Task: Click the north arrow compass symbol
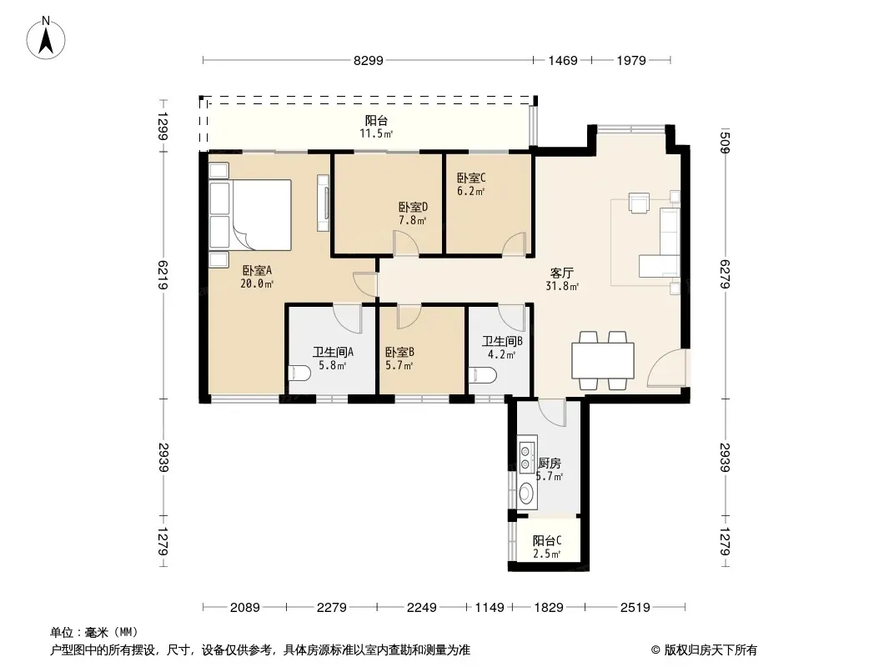tap(46, 38)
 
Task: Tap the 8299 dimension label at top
tap(369, 61)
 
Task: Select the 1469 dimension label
tap(563, 61)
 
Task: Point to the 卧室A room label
tap(257, 270)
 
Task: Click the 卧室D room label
tap(413, 208)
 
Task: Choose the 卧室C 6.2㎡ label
tap(471, 184)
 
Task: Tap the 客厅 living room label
tap(562, 273)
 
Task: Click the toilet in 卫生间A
tap(299, 374)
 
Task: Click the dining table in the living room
tap(603, 360)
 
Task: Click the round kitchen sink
tap(527, 493)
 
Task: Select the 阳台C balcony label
tap(547, 540)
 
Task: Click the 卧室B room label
tap(399, 352)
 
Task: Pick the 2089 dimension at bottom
tap(245, 608)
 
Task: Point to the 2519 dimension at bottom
tap(635, 608)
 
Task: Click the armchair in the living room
tap(639, 203)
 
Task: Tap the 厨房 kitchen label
tap(550, 464)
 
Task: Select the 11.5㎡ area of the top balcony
tap(376, 133)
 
